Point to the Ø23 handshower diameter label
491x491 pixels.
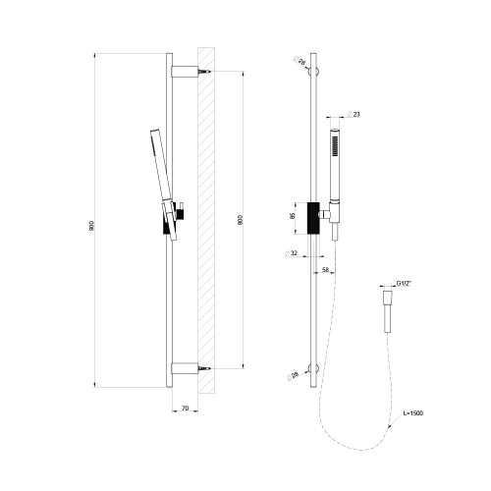(x=355, y=116)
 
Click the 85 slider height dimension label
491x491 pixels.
(x=293, y=216)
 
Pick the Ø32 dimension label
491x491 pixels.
(x=294, y=253)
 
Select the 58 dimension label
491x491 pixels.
(x=325, y=267)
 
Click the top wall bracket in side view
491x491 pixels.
(x=185, y=72)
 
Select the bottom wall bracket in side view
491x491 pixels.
(x=185, y=369)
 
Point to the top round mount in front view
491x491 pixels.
(x=314, y=72)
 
